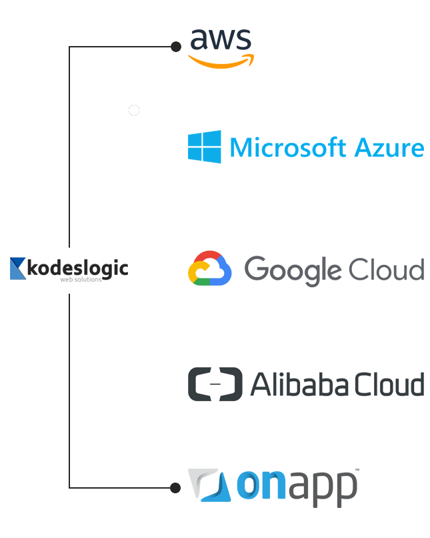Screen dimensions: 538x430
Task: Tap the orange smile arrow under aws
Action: point(221,61)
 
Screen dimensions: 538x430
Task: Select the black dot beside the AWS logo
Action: point(175,47)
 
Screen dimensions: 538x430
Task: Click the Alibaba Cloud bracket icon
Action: point(215,384)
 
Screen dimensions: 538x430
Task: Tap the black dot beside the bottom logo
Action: point(175,488)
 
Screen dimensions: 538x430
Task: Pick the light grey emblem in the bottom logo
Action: point(203,485)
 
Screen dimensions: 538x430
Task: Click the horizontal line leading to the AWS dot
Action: point(120,47)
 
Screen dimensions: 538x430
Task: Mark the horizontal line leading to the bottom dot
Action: point(120,488)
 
